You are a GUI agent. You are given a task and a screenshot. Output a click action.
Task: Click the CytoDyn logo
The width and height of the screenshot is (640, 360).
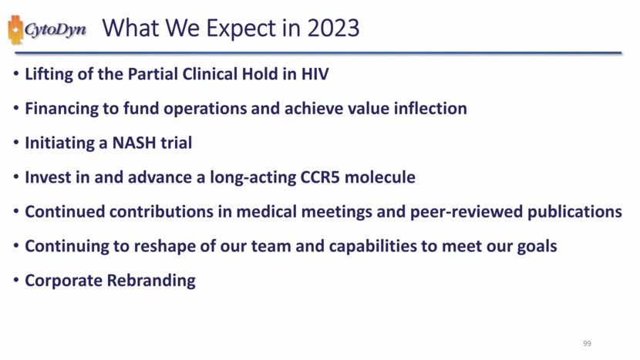[x=47, y=29]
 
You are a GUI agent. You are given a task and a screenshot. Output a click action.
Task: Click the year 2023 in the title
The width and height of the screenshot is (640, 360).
[x=333, y=28]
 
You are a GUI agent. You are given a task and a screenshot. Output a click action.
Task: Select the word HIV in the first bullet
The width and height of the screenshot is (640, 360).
[x=315, y=74]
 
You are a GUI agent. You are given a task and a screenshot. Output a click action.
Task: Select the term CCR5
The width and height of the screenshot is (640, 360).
[x=320, y=177]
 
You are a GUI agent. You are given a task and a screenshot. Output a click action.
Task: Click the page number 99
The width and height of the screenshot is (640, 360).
[x=587, y=343]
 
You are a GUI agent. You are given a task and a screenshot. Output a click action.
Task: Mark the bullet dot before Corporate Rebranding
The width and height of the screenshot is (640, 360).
[x=16, y=281]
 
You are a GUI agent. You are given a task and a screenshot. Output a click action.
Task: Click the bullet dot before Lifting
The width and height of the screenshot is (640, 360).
[x=16, y=74]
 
